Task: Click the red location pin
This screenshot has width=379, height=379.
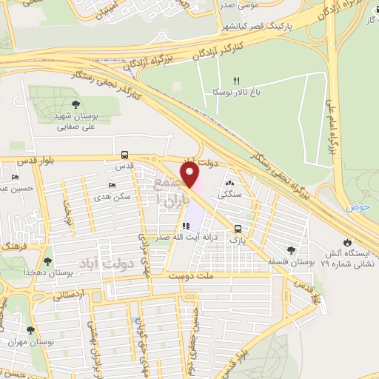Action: pyautogui.click(x=191, y=176)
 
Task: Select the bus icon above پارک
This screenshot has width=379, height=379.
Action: pyautogui.click(x=238, y=229)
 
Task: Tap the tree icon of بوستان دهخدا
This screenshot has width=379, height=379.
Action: pyautogui.click(x=48, y=261)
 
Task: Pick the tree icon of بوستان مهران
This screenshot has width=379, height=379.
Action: pyautogui.click(x=30, y=331)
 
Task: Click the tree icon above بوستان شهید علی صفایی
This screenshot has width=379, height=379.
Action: pyautogui.click(x=78, y=104)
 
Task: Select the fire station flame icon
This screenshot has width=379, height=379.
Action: pyautogui.click(x=347, y=242)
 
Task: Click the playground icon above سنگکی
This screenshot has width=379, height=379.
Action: pyautogui.click(x=229, y=182)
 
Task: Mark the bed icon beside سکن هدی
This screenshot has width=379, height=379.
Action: pyautogui.click(x=111, y=185)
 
